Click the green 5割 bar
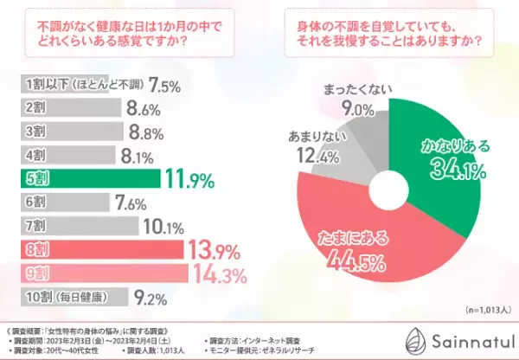click(x=86, y=180)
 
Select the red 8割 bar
click(x=99, y=250)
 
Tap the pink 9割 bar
click(x=101, y=273)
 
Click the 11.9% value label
click(x=188, y=180)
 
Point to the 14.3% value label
click(x=217, y=273)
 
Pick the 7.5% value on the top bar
click(x=164, y=86)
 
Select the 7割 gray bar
click(x=78, y=227)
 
